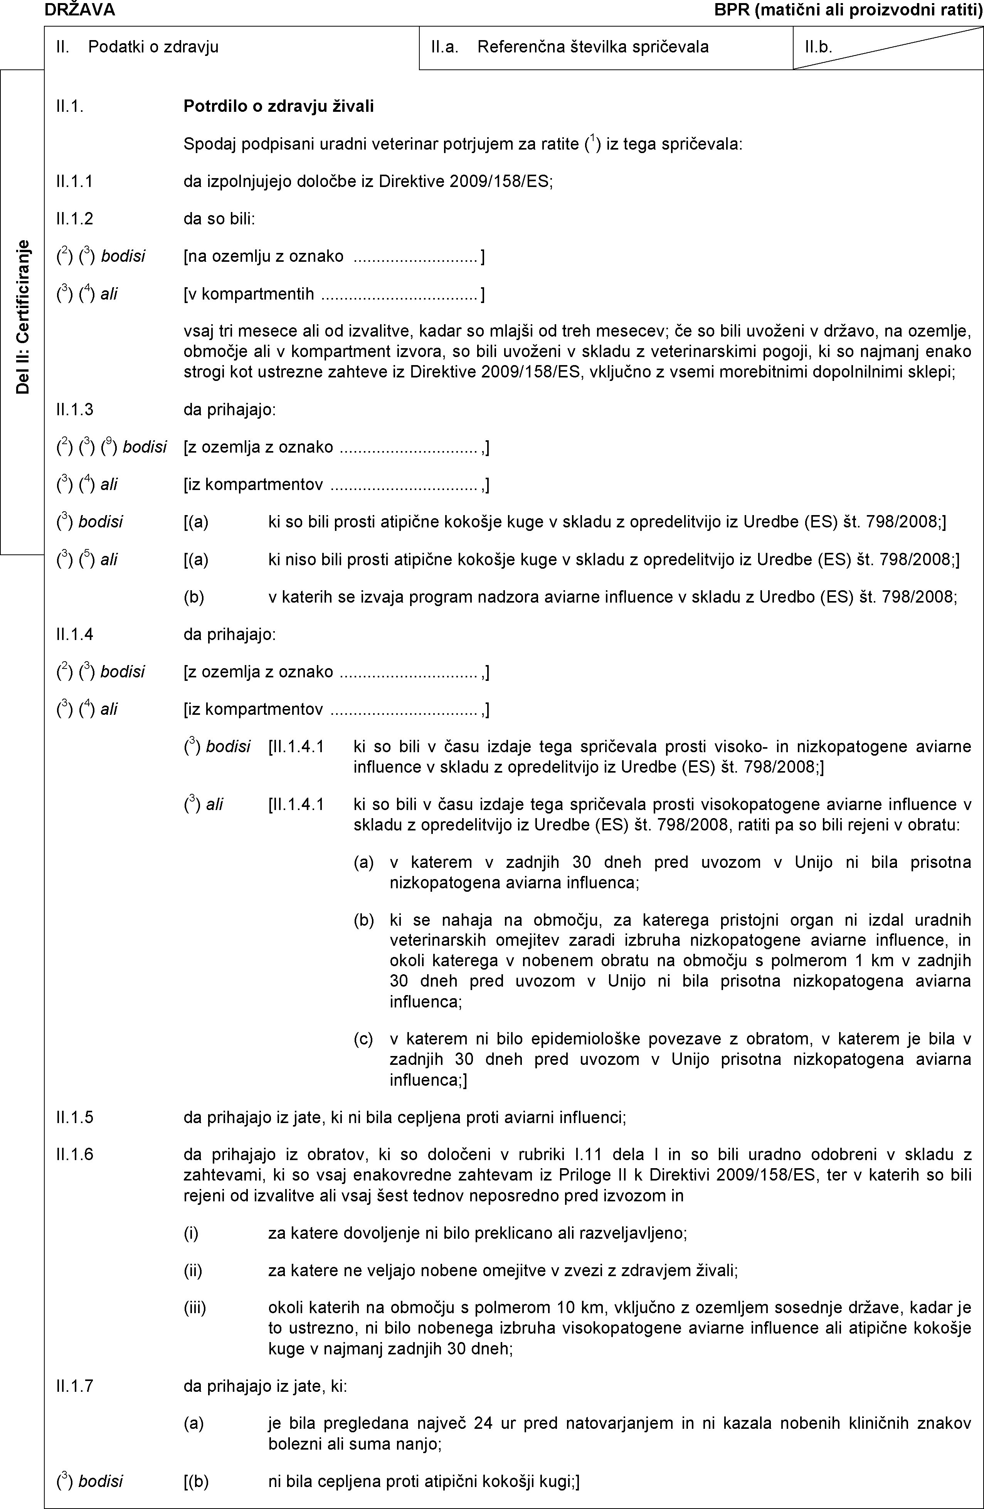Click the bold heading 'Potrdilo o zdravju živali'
coord(278,106)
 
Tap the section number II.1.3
coord(74,409)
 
